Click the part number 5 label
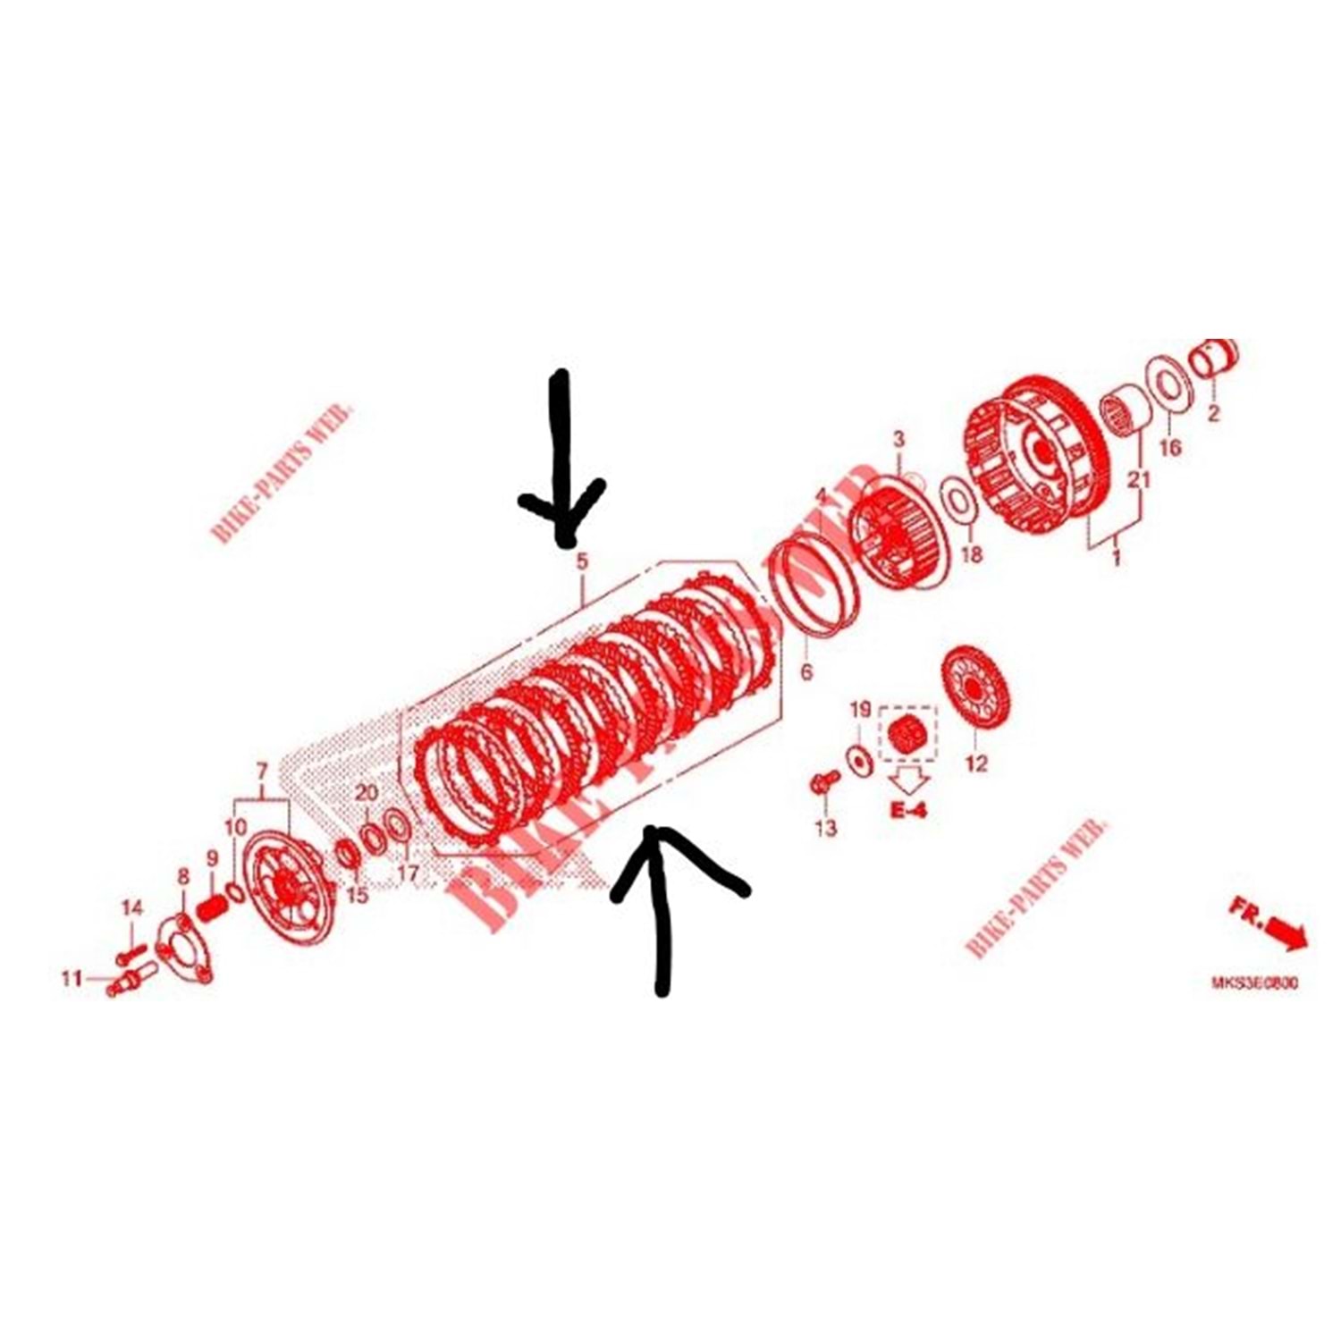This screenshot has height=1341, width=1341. point(582,562)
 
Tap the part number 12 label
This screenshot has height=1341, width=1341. point(976,763)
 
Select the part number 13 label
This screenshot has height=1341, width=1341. point(826,828)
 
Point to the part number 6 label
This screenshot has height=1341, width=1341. point(806,670)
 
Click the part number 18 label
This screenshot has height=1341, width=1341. point(971,554)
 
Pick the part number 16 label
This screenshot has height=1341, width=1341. point(1169,446)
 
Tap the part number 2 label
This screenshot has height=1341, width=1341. point(1213,414)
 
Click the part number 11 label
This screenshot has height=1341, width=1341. point(72,978)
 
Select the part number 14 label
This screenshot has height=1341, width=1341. point(131,907)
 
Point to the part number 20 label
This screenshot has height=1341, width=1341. point(367,792)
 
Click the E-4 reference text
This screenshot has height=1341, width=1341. point(908,810)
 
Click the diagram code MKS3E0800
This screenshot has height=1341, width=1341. point(1254,983)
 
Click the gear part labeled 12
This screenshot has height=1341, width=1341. point(975,688)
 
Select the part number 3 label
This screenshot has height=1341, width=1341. point(898,439)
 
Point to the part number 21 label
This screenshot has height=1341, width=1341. point(1138,479)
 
